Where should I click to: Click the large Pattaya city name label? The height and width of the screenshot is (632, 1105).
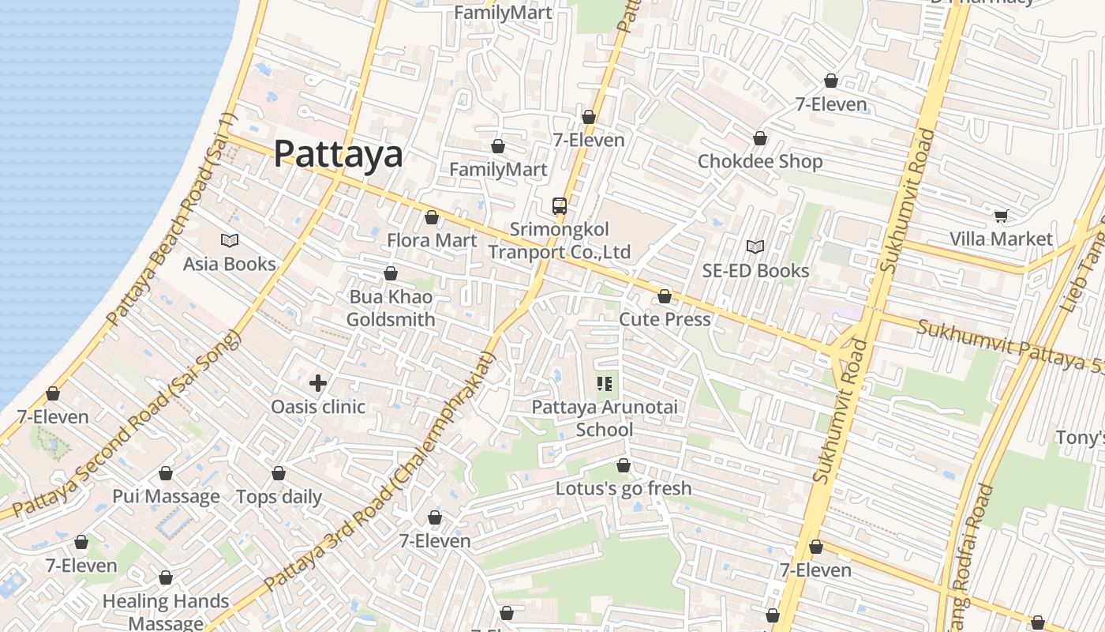pos(338,154)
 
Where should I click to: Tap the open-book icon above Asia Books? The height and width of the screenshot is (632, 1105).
pos(230,240)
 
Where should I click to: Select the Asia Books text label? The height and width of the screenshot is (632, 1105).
pos(230,264)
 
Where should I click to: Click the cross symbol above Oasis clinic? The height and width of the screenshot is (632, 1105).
pos(318,384)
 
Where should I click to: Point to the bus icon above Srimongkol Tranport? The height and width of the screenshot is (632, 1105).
pos(560,206)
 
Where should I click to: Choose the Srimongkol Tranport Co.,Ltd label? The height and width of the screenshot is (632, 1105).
pos(560,241)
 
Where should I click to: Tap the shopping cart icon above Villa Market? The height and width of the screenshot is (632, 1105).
pos(1001,216)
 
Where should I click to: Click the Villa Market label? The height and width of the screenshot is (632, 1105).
pos(1001,239)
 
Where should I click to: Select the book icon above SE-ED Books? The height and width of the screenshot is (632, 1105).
pos(755,247)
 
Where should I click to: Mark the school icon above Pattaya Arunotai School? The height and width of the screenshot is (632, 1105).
pos(605,385)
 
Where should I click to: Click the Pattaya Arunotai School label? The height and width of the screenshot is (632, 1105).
pos(605,419)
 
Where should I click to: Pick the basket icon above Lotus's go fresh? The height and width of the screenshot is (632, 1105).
pos(624,465)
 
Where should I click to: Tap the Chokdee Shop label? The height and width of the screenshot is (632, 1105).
pos(760,161)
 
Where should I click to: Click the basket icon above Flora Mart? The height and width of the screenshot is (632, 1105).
pos(432,217)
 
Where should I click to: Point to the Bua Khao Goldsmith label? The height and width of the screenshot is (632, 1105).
pos(391,308)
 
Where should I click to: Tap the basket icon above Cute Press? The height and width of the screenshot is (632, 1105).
pos(665,296)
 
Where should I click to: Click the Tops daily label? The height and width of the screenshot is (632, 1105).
pos(279,497)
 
